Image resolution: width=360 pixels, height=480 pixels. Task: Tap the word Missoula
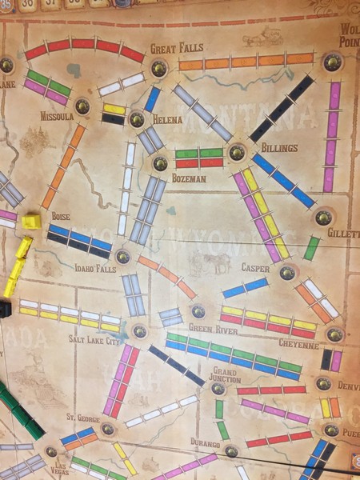point(56,117)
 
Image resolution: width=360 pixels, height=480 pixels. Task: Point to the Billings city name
point(278,148)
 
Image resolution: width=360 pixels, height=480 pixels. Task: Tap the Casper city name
point(255,268)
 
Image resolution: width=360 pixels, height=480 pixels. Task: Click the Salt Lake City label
point(94,341)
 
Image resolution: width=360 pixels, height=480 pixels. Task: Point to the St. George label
point(82,417)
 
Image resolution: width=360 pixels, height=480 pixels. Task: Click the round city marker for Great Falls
point(159,68)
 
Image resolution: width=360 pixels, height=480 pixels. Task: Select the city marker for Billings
point(236,151)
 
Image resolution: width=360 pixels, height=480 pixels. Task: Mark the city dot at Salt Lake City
point(139,331)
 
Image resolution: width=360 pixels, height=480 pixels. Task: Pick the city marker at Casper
point(286,273)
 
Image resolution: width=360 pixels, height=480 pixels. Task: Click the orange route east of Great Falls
point(246,61)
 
